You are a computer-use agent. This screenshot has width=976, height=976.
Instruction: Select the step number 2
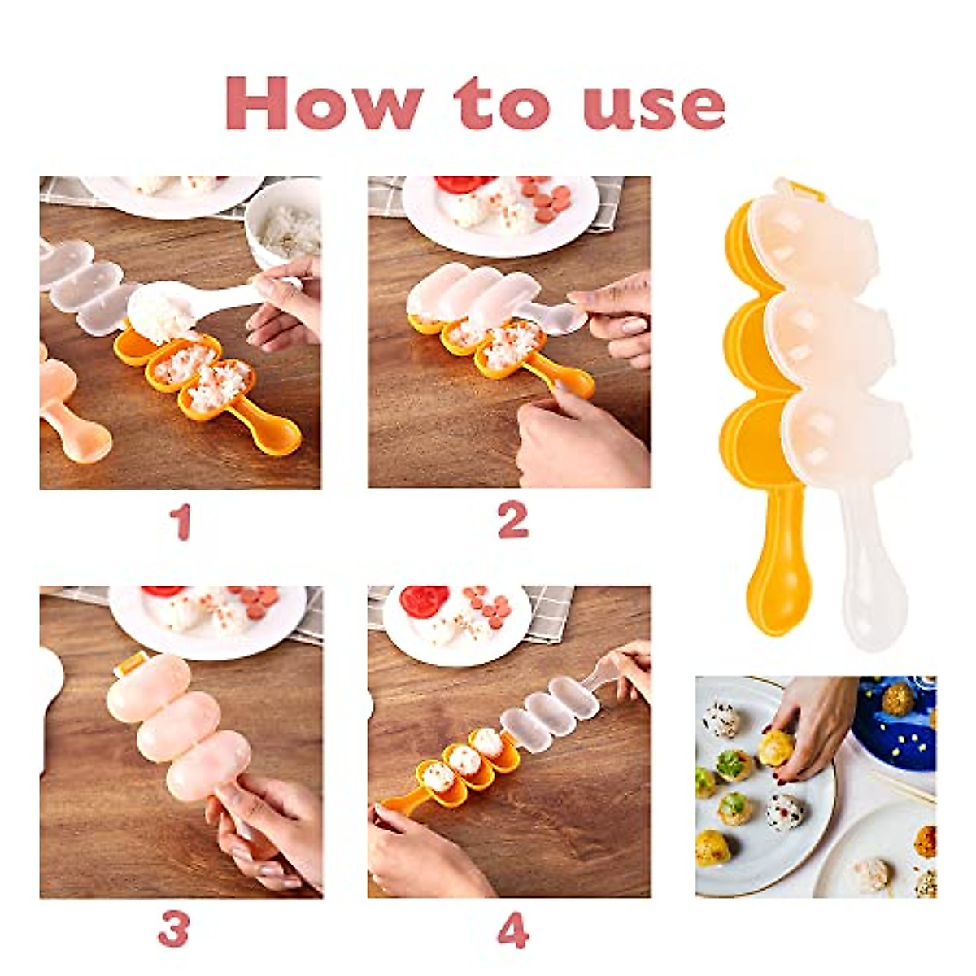click(x=512, y=521)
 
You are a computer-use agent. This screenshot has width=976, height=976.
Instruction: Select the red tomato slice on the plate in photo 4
click(x=423, y=601)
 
